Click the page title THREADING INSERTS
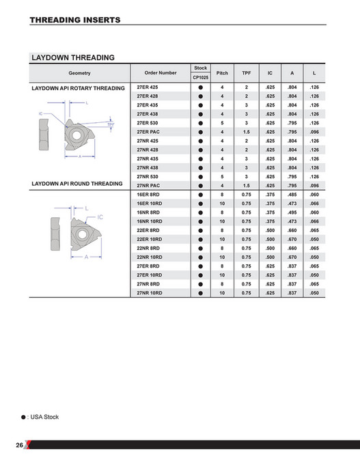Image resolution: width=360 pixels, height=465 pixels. pos(75,20)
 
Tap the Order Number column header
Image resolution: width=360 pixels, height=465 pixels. pos(161,73)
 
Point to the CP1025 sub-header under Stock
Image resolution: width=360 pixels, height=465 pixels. pos(201,78)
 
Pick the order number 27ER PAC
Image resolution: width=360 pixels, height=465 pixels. pos(149,131)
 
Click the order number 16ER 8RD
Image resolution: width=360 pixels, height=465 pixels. pos(148,195)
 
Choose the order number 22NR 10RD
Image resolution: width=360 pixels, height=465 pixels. pos(150,257)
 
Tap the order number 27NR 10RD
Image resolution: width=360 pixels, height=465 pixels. pos(150,292)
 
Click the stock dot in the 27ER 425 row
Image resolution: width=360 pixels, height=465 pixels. pos(201,87)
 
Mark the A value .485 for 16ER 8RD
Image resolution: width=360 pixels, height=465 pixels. pos(292,195)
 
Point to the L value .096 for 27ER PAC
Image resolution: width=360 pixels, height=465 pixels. pos(314,131)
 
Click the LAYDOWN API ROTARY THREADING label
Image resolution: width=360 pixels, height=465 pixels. pos(79,88)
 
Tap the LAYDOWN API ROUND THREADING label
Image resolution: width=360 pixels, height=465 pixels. pos(77,184)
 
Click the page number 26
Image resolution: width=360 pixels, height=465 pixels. pos(19,445)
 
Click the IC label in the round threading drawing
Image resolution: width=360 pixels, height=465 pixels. pos(100,216)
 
